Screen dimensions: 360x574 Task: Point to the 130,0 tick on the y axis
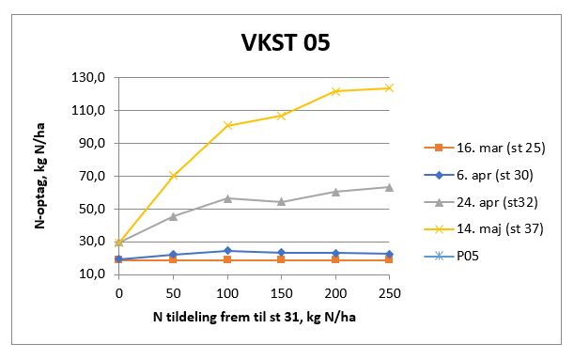(98, 77)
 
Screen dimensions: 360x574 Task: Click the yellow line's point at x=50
(173, 176)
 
